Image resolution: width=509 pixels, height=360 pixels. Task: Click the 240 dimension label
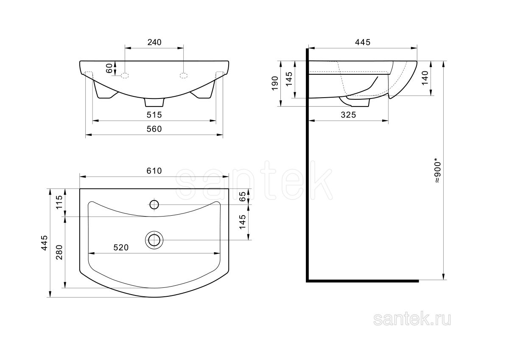(x=154, y=42)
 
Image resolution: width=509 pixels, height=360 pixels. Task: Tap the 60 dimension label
(x=109, y=68)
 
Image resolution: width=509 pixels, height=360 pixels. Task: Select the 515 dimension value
(x=154, y=115)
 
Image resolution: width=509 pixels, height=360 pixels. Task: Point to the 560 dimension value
(x=154, y=129)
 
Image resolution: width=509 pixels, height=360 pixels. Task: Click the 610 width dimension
(x=154, y=171)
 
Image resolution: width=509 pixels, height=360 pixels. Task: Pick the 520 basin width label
(x=121, y=247)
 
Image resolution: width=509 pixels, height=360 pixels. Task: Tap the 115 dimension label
(x=59, y=202)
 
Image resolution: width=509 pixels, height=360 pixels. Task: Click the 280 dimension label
(x=59, y=253)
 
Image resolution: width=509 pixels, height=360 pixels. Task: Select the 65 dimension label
(x=243, y=196)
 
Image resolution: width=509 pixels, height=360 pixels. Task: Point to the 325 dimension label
(x=348, y=115)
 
